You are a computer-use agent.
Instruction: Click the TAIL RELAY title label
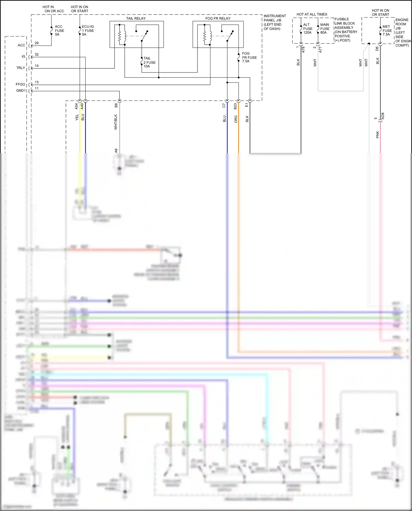[136, 18]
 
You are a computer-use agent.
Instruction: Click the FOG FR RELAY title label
[218, 18]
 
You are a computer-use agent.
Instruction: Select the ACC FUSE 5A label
[59, 30]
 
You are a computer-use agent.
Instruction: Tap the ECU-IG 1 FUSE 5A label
[88, 30]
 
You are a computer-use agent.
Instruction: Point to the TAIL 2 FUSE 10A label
[149, 62]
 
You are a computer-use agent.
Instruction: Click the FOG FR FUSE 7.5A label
[249, 57]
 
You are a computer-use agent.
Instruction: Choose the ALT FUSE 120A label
[308, 29]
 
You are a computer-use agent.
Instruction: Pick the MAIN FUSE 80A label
[325, 29]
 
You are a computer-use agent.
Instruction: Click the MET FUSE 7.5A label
[387, 30]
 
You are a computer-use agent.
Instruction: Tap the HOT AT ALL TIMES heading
[312, 14]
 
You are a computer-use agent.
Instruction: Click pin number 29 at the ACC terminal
[37, 43]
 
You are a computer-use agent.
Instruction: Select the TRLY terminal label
[21, 68]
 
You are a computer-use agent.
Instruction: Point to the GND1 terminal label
[21, 90]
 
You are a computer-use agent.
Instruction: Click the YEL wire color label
[77, 118]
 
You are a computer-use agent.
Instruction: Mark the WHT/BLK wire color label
[116, 122]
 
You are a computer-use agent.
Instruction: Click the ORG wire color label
[236, 119]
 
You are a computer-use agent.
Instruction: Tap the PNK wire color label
[377, 135]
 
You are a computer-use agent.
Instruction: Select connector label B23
[235, 106]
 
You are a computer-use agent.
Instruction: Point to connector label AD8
[383, 116]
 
